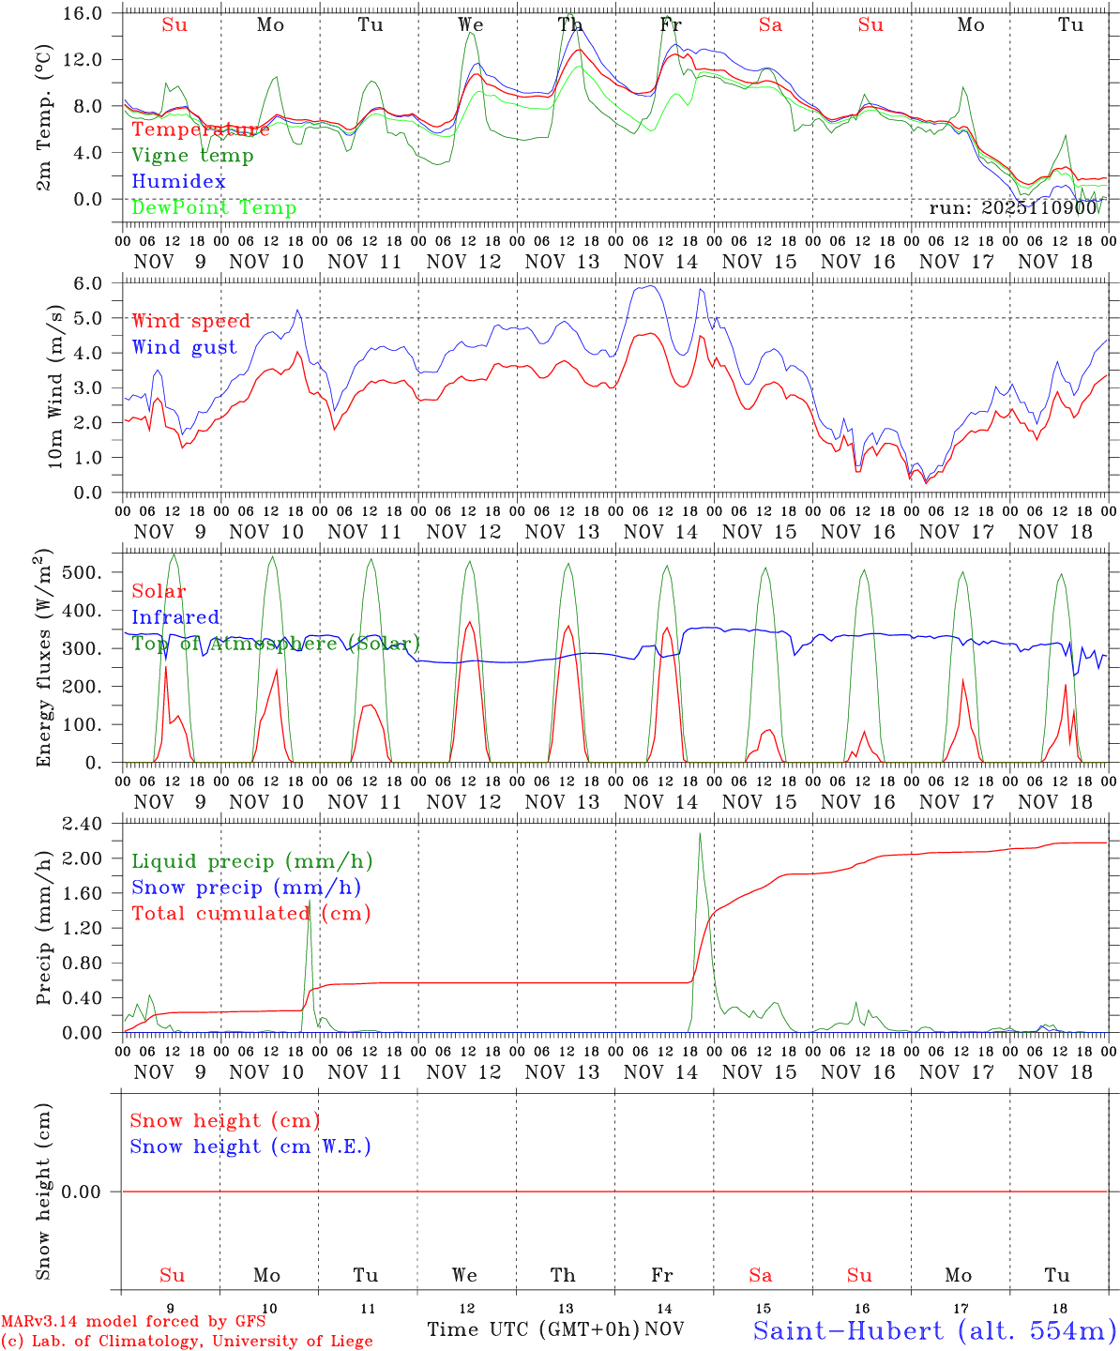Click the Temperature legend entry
201,129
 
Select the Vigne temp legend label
192,156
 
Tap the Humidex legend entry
178,181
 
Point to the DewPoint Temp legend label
214,207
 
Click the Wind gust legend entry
184,347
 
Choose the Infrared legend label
175,617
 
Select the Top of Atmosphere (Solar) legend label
276,644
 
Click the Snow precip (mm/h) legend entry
246,888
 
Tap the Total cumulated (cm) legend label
250,913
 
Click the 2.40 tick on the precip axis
82,824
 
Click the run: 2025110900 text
1013,207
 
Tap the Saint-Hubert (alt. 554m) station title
934,1329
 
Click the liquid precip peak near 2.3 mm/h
700,834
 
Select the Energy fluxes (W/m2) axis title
43,660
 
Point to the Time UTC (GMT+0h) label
533,1329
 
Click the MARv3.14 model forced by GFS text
133,1321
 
